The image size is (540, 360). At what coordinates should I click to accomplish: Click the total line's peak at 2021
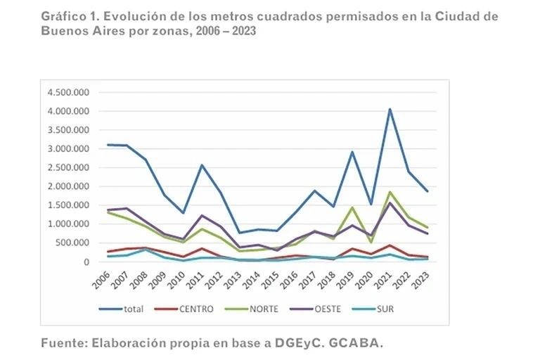tap(390, 109)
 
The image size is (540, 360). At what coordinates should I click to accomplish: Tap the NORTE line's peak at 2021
tap(390, 192)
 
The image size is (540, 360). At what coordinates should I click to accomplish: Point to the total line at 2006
tap(109, 145)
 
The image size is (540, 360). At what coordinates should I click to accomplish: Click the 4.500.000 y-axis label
tap(69, 92)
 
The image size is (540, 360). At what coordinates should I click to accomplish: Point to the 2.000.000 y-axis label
tap(69, 186)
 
